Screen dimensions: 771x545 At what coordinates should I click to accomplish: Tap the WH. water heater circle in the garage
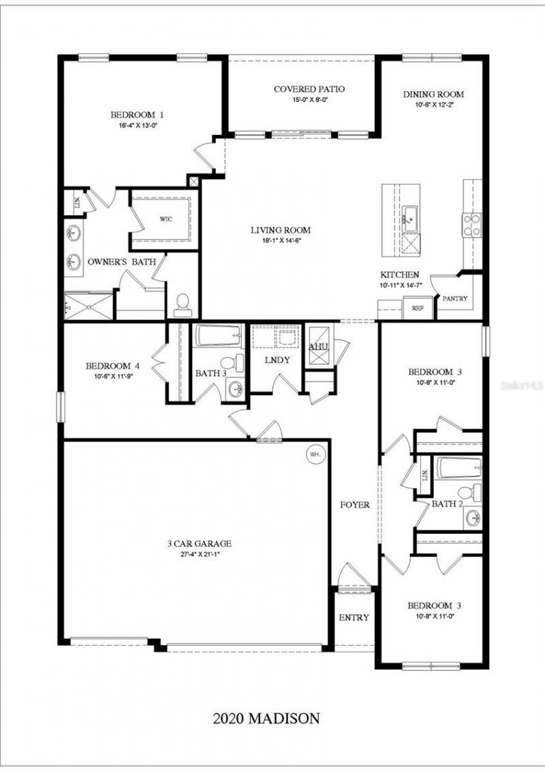point(315,454)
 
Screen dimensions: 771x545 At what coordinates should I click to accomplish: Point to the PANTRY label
point(455,298)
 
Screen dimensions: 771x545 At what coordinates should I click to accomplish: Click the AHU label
point(319,347)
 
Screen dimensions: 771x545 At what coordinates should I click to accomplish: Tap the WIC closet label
point(166,219)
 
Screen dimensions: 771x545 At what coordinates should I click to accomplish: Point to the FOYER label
point(355,505)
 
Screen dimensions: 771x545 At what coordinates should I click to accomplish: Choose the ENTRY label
point(354,618)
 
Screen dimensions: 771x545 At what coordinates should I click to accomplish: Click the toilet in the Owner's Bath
point(183,305)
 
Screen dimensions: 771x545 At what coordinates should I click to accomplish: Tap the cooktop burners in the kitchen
point(471,225)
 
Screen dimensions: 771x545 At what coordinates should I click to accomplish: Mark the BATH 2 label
point(448,504)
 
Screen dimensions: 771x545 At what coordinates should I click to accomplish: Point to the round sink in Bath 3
point(236,389)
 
